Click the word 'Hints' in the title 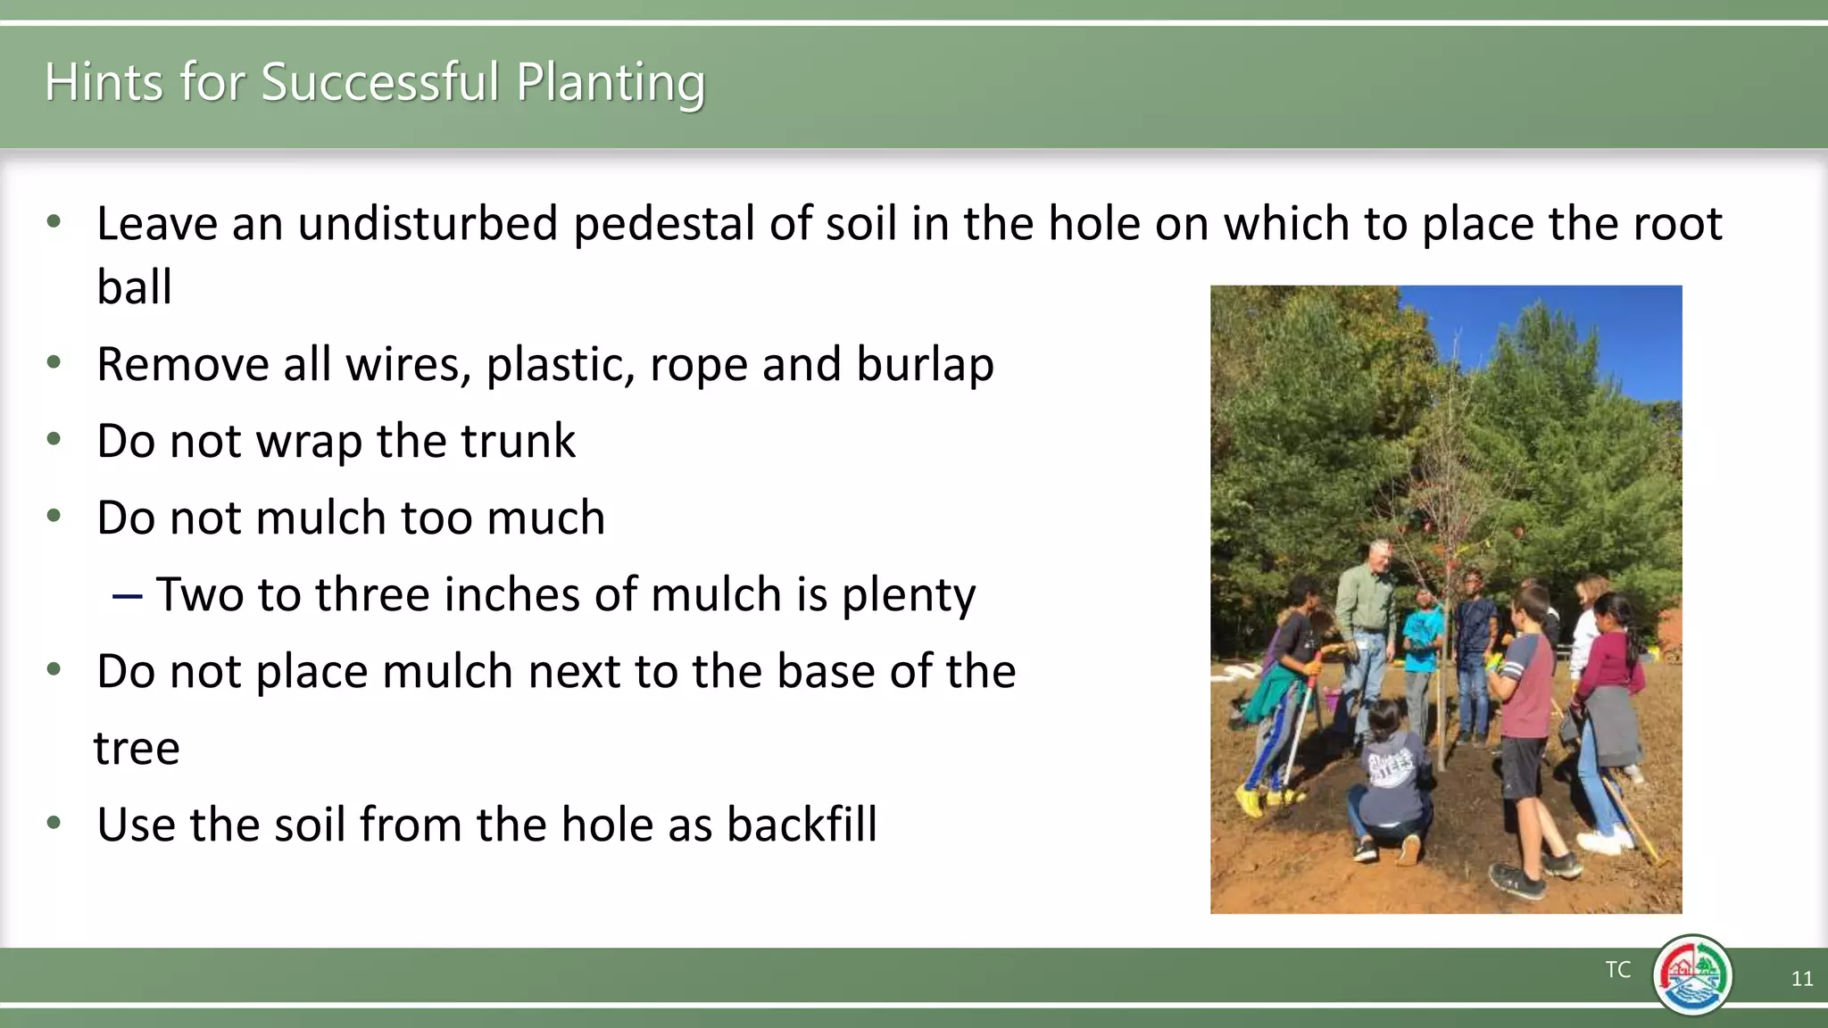[x=104, y=82]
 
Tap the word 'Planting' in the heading [x=611, y=84]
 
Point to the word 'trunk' [x=518, y=441]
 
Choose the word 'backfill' [x=801, y=824]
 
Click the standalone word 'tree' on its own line [x=137, y=748]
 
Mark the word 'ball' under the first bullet [x=134, y=287]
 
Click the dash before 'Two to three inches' [x=127, y=595]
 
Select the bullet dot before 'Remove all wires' [x=54, y=362]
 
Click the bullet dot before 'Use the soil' [x=54, y=822]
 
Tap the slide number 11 [x=1801, y=979]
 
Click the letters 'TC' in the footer [x=1617, y=970]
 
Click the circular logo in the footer [x=1691, y=975]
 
